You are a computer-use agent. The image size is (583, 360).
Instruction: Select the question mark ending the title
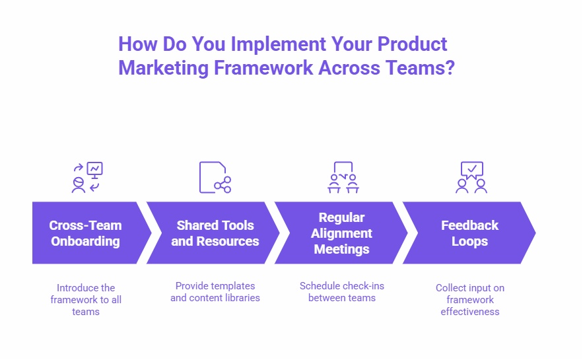[x=449, y=68]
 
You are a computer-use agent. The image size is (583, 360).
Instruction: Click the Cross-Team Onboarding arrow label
[x=85, y=233]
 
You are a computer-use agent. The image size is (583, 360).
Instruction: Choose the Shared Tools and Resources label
[x=215, y=233]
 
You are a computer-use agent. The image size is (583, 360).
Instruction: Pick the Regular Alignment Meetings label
[x=342, y=233]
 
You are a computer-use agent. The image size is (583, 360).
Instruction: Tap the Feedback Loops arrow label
[x=469, y=233]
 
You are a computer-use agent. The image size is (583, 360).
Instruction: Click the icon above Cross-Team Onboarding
[x=87, y=177]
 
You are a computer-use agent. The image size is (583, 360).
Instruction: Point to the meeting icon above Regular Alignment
[x=343, y=177]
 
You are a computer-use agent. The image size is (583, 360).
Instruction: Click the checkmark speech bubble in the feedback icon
[x=471, y=170]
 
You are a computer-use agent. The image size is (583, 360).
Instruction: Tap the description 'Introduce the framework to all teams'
[x=86, y=299]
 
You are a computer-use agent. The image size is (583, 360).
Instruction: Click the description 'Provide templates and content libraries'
[x=215, y=292]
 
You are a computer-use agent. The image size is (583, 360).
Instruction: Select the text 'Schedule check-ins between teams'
[x=342, y=292]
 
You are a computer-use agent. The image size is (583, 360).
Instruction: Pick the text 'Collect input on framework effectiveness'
[x=469, y=299]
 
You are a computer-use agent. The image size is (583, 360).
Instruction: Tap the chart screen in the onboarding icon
[x=95, y=169]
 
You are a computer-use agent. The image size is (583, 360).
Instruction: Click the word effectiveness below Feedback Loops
[x=470, y=312]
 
